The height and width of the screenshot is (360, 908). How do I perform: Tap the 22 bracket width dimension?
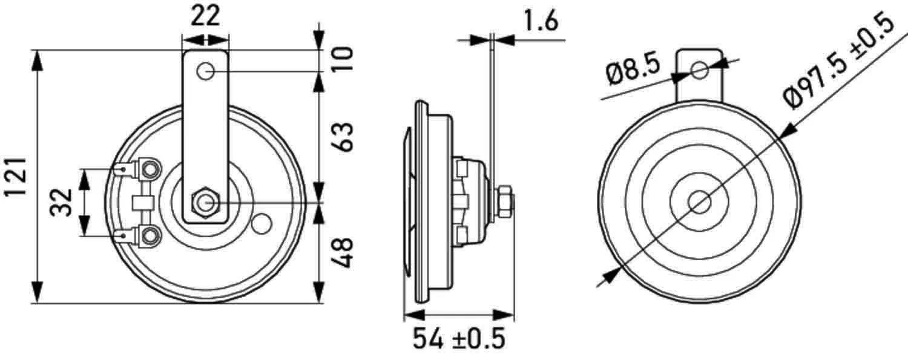point(205,16)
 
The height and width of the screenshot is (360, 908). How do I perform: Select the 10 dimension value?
point(342,59)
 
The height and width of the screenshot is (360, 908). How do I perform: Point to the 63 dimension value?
point(343,137)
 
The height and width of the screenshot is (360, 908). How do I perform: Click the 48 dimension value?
point(343,253)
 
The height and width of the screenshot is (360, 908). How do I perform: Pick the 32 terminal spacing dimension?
point(61,203)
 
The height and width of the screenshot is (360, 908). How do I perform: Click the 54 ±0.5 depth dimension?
point(459,339)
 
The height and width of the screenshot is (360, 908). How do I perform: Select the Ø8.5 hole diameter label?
point(633,71)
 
